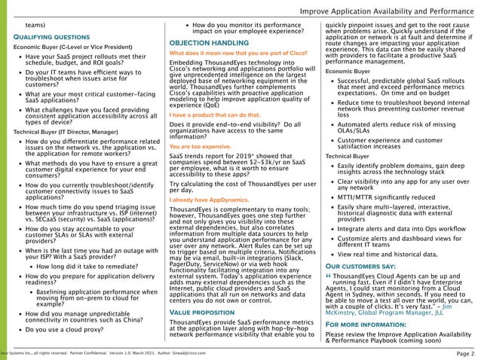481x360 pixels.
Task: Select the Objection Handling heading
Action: [204, 43]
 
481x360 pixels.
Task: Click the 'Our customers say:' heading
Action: [358, 265]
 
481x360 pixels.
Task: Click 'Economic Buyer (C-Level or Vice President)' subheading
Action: [68, 47]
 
